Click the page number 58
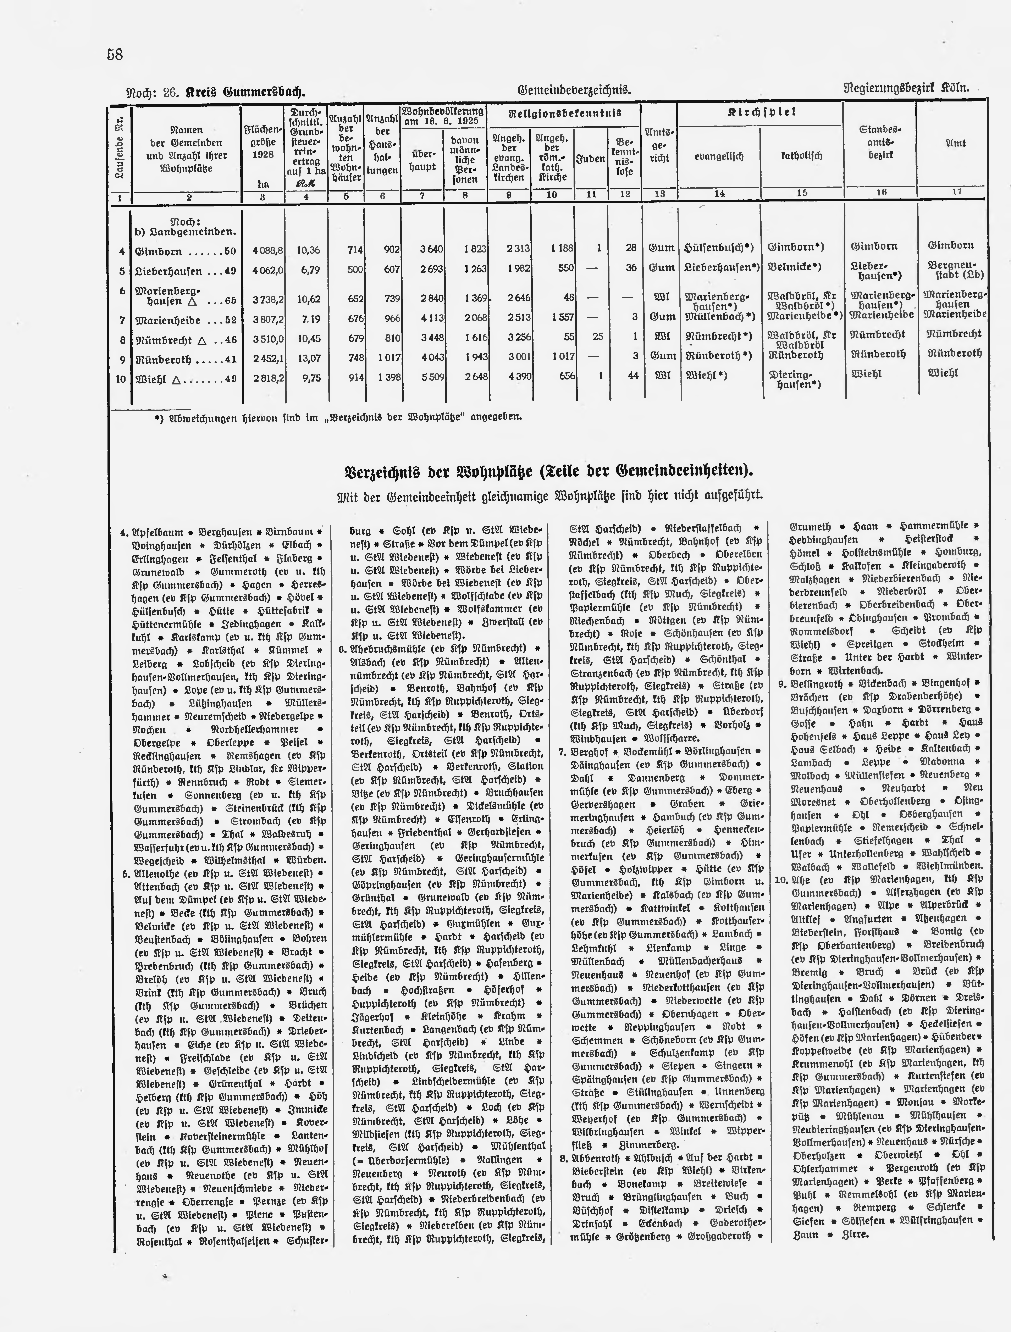(x=115, y=55)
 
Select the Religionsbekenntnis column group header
(x=564, y=113)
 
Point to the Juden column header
(x=591, y=159)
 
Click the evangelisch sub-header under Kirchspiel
(x=719, y=156)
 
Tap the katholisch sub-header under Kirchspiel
(x=801, y=156)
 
